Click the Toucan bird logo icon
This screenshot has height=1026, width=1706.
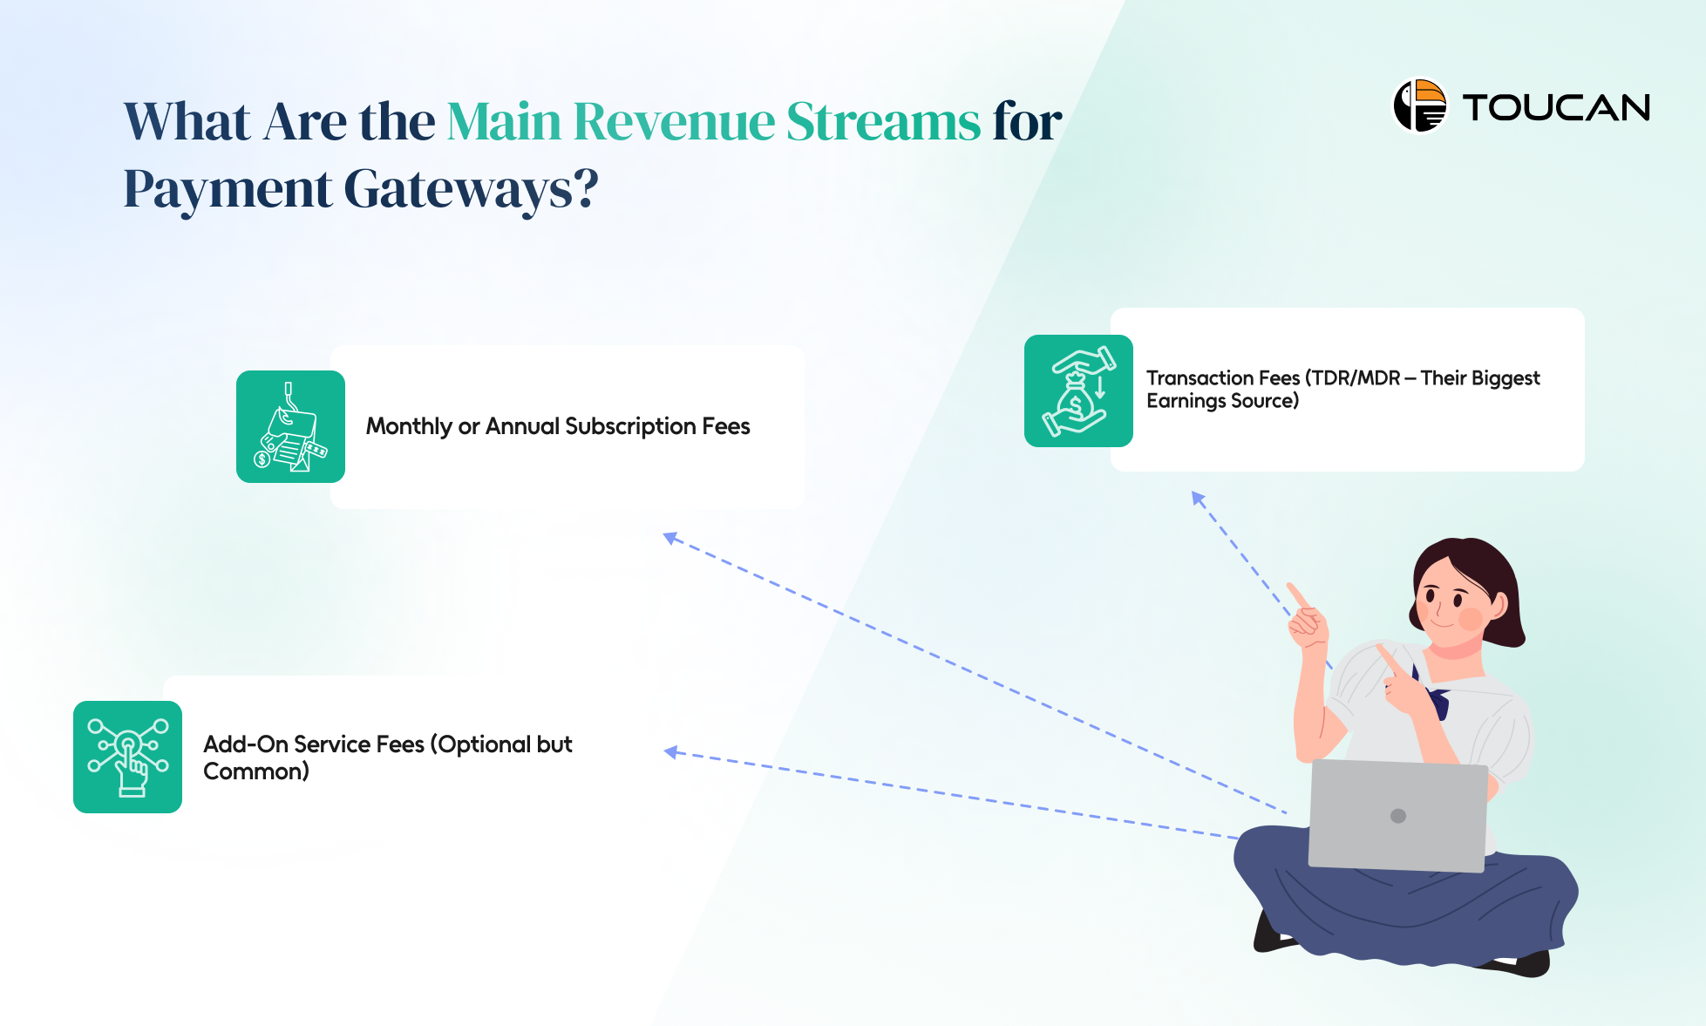(x=1419, y=106)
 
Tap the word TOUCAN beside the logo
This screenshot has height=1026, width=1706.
(x=1556, y=108)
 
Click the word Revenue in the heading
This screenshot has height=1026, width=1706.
(x=674, y=121)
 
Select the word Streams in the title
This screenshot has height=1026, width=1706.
(x=883, y=121)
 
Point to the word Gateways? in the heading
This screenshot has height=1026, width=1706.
(x=471, y=189)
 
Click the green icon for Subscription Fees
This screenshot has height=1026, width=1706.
(x=290, y=426)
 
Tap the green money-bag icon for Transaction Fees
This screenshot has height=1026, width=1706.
(x=1078, y=391)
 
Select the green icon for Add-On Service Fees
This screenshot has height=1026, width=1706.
(x=127, y=757)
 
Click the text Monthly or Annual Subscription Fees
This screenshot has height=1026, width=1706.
(x=557, y=426)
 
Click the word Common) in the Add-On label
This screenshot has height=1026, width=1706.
(x=255, y=771)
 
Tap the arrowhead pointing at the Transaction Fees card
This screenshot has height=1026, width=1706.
(x=1199, y=499)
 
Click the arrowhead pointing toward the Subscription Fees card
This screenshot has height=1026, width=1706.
(x=670, y=538)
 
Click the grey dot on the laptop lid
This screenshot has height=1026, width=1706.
(x=1398, y=816)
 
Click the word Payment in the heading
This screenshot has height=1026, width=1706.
(x=227, y=189)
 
